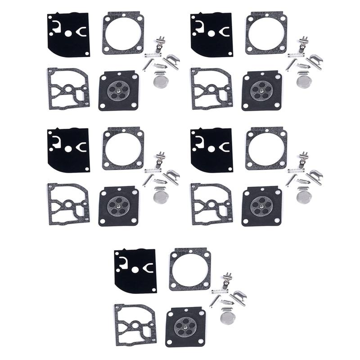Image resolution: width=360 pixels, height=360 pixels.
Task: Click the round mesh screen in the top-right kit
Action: click(x=303, y=81)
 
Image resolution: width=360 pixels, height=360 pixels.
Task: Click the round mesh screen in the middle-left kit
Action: click(x=159, y=196)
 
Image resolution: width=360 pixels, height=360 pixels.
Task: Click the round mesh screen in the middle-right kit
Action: click(x=303, y=196)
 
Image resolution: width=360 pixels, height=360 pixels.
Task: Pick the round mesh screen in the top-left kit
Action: click(x=159, y=81)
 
